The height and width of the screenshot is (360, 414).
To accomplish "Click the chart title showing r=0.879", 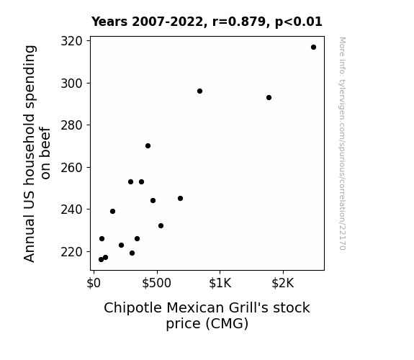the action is [207, 22].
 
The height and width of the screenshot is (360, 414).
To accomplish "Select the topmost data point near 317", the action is [313, 48].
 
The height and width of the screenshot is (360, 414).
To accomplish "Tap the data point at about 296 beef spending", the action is [199, 91].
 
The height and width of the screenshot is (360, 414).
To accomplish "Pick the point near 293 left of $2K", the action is [269, 98].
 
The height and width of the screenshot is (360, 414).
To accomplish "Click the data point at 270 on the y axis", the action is [148, 145].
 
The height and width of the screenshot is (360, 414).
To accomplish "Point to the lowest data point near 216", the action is [101, 260].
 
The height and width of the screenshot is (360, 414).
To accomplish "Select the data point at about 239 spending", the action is [112, 211].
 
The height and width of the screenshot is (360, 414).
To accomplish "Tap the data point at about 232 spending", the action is [161, 225].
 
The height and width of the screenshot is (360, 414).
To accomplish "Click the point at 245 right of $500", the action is [180, 198].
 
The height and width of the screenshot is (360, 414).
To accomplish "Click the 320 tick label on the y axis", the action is [72, 41].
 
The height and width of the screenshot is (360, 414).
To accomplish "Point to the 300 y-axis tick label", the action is [72, 84].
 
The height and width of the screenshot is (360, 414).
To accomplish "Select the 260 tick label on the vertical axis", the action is [72, 168].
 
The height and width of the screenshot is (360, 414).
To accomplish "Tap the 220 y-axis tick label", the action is [72, 252].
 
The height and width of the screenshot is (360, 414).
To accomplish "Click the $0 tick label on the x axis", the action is [94, 283].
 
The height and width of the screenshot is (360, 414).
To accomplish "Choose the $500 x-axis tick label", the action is [156, 283].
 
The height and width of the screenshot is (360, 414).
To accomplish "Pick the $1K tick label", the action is [220, 283].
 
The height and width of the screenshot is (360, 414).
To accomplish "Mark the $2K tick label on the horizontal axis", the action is [283, 283].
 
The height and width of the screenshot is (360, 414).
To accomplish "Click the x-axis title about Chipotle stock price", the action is [207, 315].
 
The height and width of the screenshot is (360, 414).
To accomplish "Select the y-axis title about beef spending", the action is [37, 153].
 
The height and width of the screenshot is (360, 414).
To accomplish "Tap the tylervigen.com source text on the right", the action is [342, 143].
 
